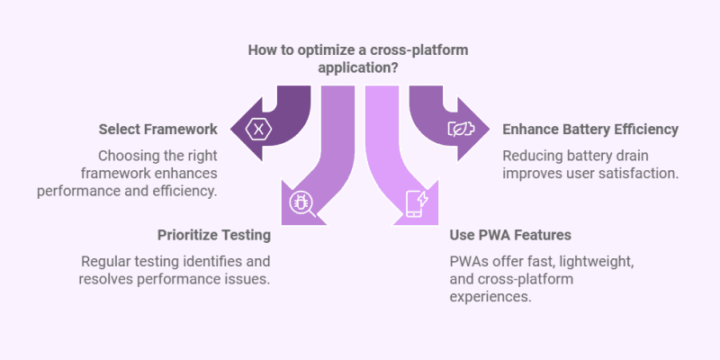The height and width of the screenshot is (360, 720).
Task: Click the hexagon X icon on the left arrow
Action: pos(259,129)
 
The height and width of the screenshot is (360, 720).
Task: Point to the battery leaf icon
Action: pos(461,129)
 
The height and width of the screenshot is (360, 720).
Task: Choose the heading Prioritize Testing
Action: pos(214,235)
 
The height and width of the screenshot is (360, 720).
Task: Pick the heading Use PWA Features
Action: pos(511,235)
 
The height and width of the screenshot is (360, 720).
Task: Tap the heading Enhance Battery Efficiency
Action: pos(590,130)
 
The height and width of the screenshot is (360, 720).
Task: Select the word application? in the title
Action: pos(359,67)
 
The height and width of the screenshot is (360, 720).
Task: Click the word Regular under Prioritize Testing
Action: pos(107,261)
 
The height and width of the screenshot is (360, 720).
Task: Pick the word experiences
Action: pos(490,296)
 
